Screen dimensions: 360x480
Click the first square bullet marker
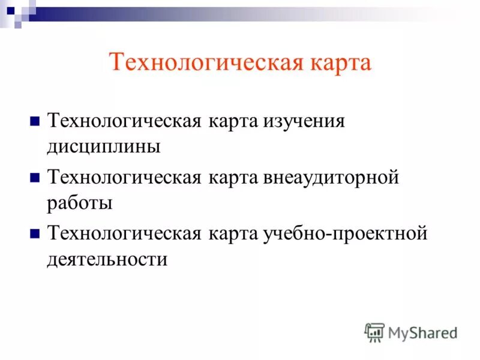point(35,121)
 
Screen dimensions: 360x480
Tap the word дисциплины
point(104,147)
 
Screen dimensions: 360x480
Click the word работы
point(80,203)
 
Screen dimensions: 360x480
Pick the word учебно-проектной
point(345,233)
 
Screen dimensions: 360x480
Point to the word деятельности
point(107,259)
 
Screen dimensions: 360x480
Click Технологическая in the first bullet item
point(124,121)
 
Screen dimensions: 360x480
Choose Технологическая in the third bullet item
point(124,233)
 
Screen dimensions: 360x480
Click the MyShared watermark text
point(422,332)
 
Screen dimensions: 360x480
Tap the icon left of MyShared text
point(374,332)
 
